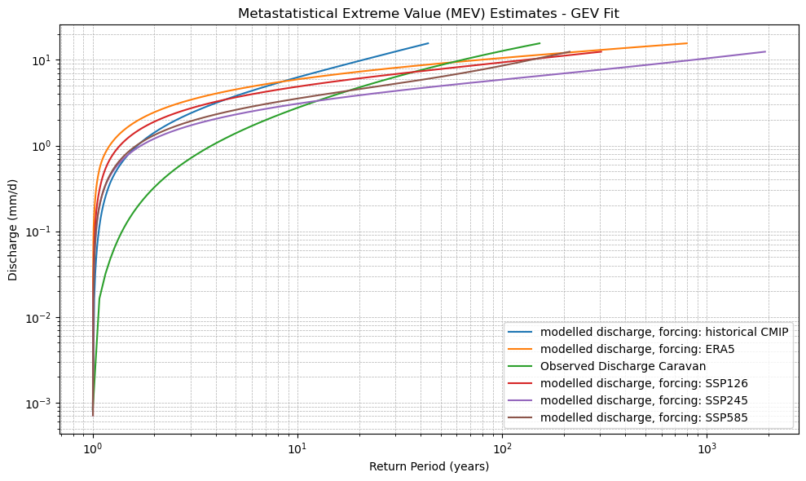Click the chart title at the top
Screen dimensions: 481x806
pos(429,13)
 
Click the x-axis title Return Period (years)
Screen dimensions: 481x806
pos(429,466)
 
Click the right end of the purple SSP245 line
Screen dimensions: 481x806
pos(764,52)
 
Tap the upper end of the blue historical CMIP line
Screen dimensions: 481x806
pos(428,43)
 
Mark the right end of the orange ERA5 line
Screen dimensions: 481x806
pos(686,43)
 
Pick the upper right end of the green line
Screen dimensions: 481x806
pos(540,43)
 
